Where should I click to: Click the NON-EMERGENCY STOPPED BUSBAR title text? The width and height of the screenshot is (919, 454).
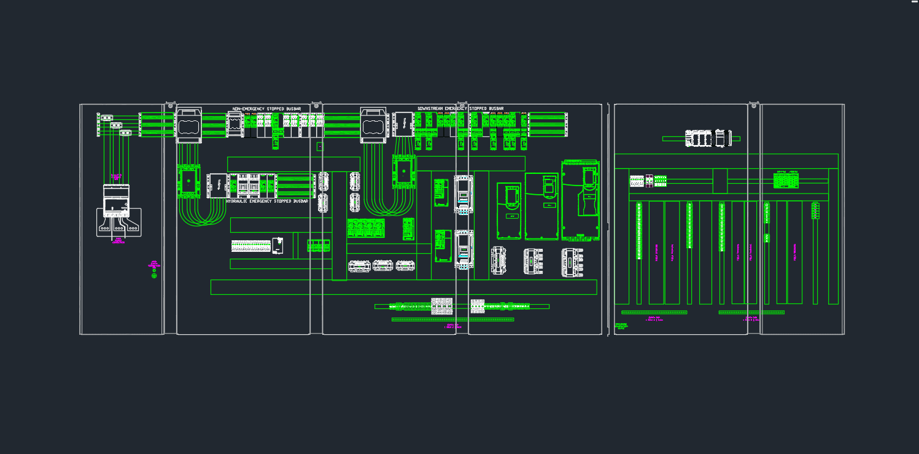(267, 109)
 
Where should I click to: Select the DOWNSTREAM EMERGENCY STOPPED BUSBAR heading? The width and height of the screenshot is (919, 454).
(460, 109)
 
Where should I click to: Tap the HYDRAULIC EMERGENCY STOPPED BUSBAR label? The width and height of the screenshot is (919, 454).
(267, 202)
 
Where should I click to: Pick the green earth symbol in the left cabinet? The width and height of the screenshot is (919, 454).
(154, 276)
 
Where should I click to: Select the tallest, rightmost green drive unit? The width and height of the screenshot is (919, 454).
(581, 200)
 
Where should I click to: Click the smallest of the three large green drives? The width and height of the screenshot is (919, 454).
(509, 211)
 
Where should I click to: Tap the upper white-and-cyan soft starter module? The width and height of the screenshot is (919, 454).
(463, 194)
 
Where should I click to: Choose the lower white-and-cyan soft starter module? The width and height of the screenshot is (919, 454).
(463, 249)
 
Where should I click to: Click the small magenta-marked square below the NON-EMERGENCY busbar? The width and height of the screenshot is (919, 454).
(319, 146)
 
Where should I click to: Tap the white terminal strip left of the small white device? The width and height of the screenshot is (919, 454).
(250, 246)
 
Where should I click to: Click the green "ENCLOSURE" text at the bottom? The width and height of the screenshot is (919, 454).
(621, 326)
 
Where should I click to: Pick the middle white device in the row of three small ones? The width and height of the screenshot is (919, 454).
(382, 266)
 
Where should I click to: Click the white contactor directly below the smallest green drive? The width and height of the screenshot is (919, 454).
(498, 260)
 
